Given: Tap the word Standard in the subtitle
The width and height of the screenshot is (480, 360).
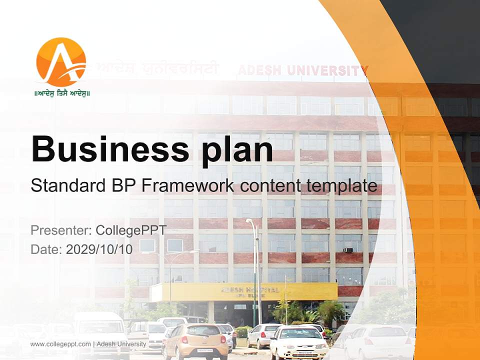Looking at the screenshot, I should (66, 186).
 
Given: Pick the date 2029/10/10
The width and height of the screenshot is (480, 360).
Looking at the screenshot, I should (99, 249).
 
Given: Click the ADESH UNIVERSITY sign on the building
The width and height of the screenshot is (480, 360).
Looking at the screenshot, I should (303, 70).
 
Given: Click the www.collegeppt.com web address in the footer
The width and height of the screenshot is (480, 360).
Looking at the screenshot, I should (60, 344).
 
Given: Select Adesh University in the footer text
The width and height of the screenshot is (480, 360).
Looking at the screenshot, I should (121, 344).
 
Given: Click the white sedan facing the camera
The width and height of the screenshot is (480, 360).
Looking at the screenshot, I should (299, 342).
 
